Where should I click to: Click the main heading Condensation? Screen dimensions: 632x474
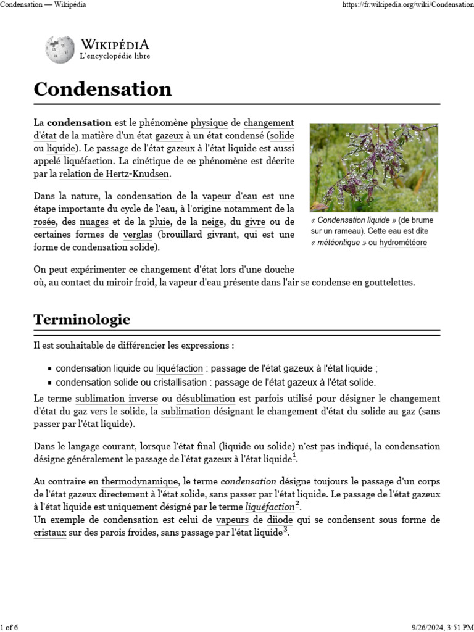pos(102,89)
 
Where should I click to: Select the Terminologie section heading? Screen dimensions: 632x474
pos(81,320)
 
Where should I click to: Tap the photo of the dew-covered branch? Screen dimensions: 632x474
pos(373,167)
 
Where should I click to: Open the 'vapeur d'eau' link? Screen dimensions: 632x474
pos(230,197)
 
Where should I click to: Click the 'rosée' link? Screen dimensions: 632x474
pos(45,222)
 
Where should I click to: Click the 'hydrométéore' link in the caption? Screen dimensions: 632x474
pos(402,243)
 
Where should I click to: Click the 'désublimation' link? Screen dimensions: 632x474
pos(206,399)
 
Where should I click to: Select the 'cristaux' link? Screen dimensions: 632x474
pos(50,533)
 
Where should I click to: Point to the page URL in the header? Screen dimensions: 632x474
pos(407,5)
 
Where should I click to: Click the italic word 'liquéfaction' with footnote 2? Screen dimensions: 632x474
pos(269,507)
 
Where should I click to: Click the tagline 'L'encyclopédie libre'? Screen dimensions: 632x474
pos(115,56)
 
